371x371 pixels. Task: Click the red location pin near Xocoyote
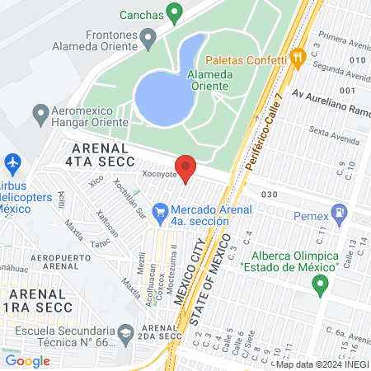(186, 167)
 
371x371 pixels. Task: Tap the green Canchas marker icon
(173, 12)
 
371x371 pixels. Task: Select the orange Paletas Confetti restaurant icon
(298, 57)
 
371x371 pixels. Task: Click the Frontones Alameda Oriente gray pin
(148, 37)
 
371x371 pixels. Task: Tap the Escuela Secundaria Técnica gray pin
(125, 334)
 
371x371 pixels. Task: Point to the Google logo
(27, 361)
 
